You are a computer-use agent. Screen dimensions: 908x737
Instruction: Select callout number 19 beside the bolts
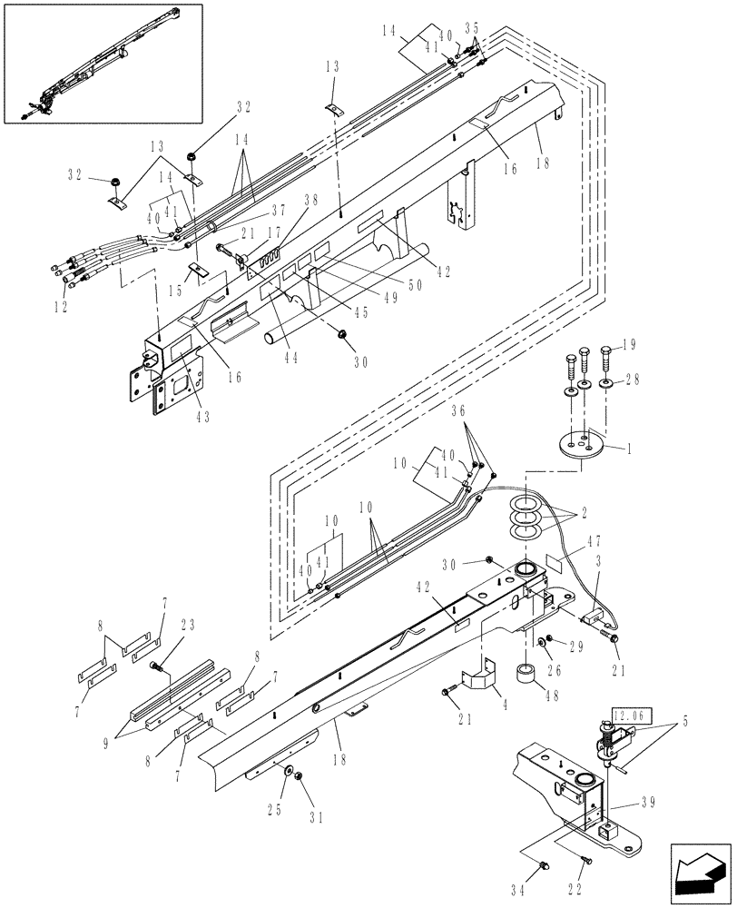click(x=629, y=345)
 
